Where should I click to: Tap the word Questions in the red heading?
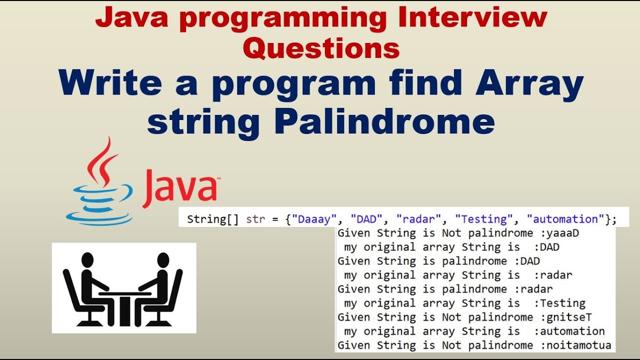[324, 48]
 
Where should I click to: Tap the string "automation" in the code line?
[566, 219]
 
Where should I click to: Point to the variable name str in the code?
[255, 219]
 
